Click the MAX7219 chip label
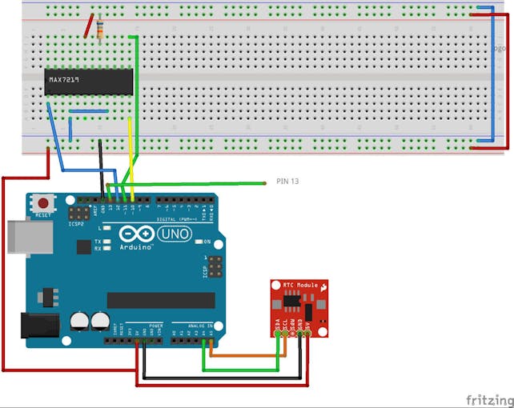(66, 80)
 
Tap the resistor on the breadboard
(99, 30)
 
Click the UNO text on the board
(175, 234)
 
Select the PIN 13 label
(287, 182)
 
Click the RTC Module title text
(300, 285)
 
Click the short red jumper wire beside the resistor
(88, 25)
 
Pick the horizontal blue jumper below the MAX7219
(89, 111)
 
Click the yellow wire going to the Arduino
(132, 156)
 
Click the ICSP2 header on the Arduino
(78, 214)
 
